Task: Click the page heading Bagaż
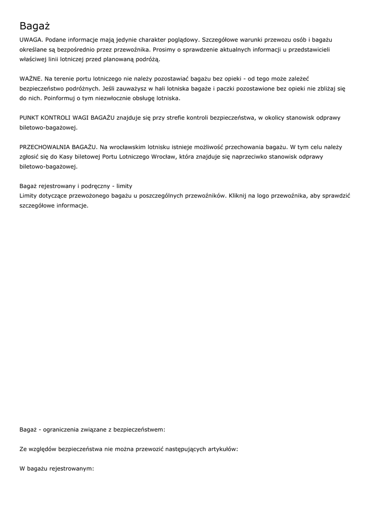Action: pos(34,26)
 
